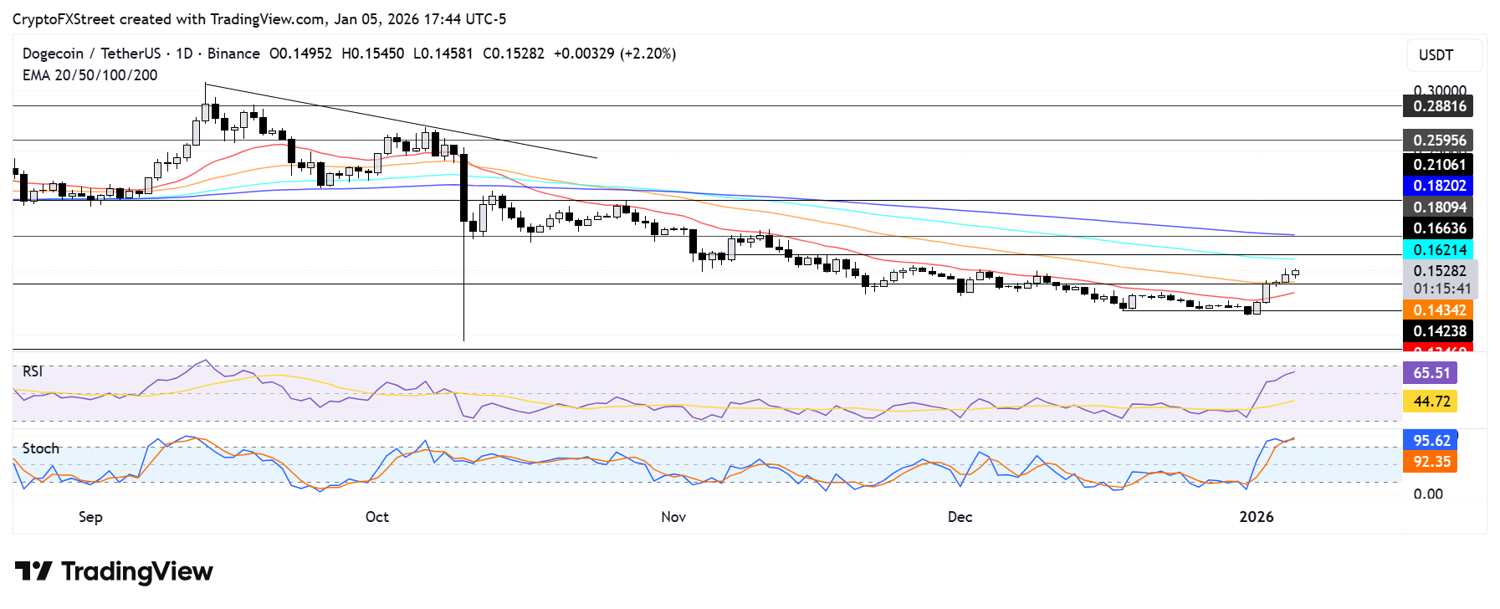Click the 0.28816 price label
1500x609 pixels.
click(x=1438, y=106)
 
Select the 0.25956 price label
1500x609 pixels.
click(x=1438, y=141)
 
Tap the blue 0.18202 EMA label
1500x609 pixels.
click(x=1438, y=186)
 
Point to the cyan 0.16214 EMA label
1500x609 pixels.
click(x=1438, y=249)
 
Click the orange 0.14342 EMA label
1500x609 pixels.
click(x=1438, y=310)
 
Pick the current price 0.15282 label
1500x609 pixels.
click(x=1439, y=271)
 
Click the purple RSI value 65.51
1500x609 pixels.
click(x=1431, y=373)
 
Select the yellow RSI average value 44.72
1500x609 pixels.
click(x=1431, y=402)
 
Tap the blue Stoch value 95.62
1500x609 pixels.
click(x=1431, y=441)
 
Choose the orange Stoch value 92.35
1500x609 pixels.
click(x=1431, y=462)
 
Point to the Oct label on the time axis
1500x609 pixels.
click(x=377, y=517)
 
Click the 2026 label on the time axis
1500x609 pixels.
click(x=1256, y=517)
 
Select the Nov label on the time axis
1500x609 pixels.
click(x=673, y=517)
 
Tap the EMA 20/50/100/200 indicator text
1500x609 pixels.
click(x=90, y=75)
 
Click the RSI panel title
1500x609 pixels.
click(x=33, y=371)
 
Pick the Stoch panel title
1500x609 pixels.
click(x=40, y=448)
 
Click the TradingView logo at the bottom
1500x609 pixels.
click(x=114, y=572)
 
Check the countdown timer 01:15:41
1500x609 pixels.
click(x=1441, y=289)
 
